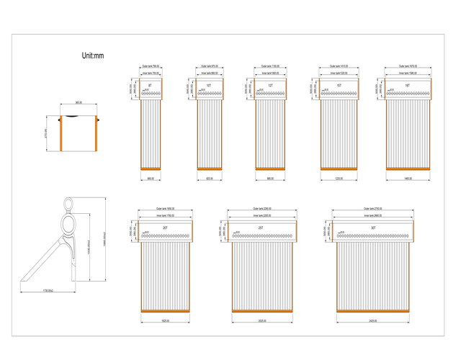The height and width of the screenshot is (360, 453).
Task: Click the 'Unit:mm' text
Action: point(94,55)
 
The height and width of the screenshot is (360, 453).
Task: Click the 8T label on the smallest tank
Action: point(150,86)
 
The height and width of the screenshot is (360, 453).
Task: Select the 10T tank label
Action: point(209,86)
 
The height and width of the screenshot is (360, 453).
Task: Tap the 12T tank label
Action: point(270,86)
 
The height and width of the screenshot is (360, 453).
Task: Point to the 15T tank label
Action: point(338,86)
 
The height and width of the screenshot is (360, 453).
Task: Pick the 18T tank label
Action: point(407,86)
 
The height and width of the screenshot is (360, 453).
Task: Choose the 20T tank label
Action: point(165,228)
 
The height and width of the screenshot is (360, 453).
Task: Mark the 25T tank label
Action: point(261,228)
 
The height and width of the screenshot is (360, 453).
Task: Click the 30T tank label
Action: point(373,228)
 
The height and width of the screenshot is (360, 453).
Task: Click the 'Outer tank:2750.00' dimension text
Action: point(373,209)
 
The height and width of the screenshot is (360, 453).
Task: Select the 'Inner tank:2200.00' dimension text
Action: point(261,215)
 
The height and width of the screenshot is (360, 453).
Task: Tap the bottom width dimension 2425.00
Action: point(373,320)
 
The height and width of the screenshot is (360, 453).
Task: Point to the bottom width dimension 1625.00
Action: point(165,320)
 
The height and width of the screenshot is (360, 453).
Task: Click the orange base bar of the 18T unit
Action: point(408,168)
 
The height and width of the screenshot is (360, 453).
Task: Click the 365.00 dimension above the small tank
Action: point(78,102)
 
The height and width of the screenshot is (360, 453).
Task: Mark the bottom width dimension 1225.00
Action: point(338,179)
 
